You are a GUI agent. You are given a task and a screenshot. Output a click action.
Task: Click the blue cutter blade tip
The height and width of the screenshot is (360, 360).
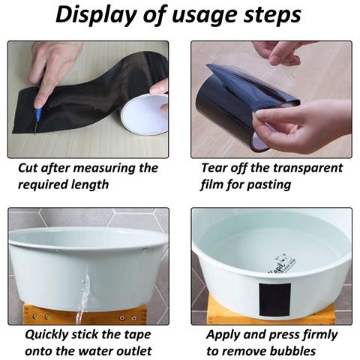coord(34,133)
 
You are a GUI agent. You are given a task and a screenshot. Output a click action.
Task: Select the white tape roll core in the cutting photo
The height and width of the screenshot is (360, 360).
coord(145,115)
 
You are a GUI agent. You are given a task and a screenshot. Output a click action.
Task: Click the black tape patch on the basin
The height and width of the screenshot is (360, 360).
coord(274,299)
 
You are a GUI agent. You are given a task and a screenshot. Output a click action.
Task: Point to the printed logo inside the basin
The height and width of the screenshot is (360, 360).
coord(282,265)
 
